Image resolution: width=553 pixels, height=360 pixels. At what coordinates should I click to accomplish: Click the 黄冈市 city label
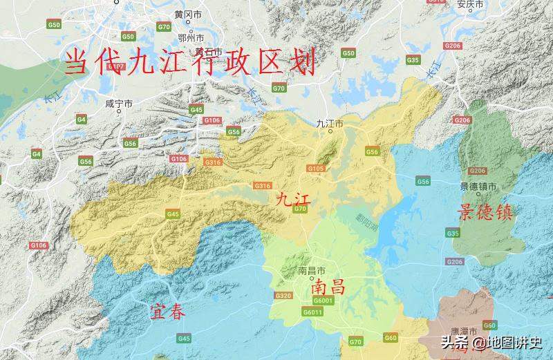tap(188, 14)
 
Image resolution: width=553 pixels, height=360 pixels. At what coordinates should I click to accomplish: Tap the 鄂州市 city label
tap(191, 37)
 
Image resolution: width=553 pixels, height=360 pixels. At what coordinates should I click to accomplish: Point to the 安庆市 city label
tap(453, 3)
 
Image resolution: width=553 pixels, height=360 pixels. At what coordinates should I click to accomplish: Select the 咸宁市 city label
tap(118, 103)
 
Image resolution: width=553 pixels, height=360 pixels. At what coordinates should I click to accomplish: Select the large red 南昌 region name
tap(328, 287)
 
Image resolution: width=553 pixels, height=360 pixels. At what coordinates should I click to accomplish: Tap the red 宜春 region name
tap(168, 312)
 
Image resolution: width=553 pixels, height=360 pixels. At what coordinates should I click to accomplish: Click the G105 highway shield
tap(316, 168)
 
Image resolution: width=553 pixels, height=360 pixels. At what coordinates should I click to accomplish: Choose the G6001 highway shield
tap(322, 301)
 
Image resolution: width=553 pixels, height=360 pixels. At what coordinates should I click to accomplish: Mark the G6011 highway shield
tap(314, 312)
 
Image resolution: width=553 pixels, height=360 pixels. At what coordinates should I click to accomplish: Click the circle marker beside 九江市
tap(330, 131)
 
